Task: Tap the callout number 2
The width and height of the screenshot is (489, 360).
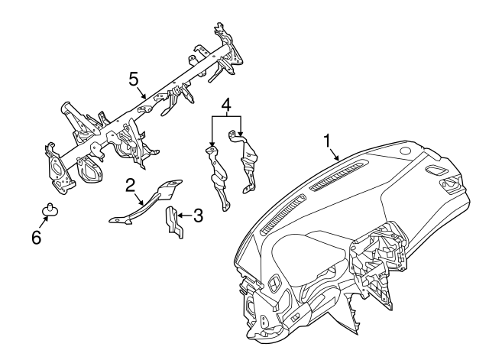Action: (131, 184)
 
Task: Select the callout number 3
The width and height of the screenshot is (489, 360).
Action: (197, 216)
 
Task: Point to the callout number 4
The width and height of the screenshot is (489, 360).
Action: (226, 103)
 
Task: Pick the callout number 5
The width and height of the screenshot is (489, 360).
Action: (133, 78)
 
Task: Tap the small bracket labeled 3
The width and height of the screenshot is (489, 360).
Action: (171, 219)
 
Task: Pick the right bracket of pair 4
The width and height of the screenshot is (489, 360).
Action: (249, 164)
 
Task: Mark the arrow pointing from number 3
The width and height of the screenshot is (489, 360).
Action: (185, 216)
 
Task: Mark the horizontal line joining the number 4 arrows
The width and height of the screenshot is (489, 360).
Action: (226, 116)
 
